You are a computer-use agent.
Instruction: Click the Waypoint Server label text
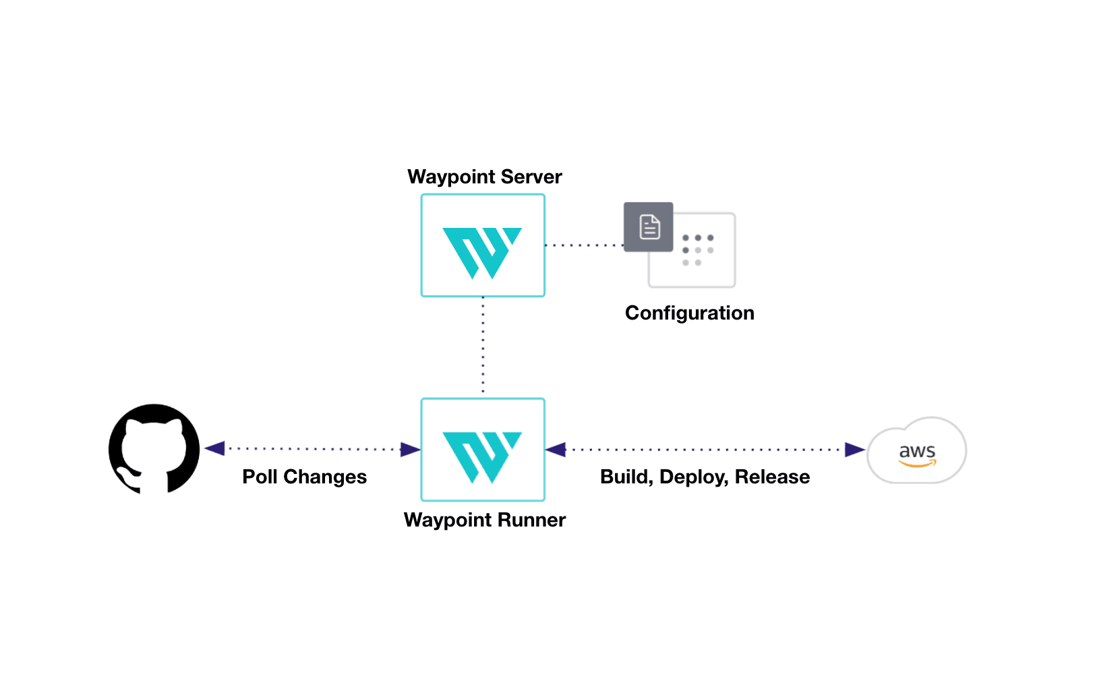(484, 177)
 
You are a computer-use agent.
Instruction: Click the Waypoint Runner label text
(484, 520)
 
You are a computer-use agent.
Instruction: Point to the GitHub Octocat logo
(154, 449)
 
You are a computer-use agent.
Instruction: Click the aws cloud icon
(916, 451)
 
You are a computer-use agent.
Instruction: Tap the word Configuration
(689, 313)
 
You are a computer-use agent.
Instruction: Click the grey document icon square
(648, 227)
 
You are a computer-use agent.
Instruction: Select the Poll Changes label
(304, 477)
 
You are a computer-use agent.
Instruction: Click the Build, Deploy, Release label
(705, 477)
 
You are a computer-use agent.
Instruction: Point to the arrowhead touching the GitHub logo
(214, 448)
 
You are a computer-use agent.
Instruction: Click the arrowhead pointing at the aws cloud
(854, 450)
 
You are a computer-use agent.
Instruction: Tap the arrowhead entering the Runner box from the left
(411, 450)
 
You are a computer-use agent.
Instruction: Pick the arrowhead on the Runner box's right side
(556, 450)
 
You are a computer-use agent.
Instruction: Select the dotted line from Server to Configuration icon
(584, 245)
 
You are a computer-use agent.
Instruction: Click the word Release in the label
(772, 477)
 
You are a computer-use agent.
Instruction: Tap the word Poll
(260, 477)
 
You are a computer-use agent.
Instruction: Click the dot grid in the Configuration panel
(698, 250)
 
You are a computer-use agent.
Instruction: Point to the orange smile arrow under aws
(918, 464)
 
